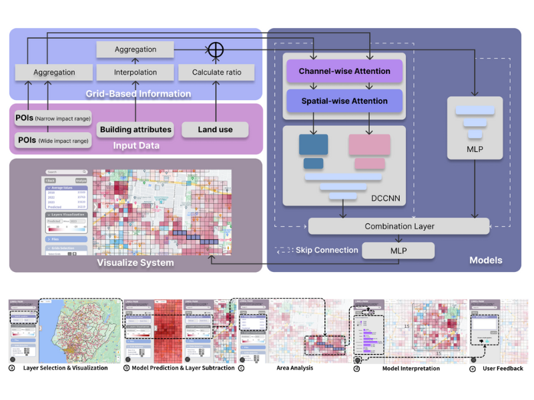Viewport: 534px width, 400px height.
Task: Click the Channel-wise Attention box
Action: click(x=343, y=71)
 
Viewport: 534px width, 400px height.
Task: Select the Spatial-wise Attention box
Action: click(x=343, y=101)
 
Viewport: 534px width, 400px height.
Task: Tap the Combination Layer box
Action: click(x=399, y=227)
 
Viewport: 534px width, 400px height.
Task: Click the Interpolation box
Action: click(x=136, y=72)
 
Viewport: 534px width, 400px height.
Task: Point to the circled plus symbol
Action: click(x=215, y=49)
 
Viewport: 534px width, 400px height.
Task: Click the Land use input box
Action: click(x=215, y=129)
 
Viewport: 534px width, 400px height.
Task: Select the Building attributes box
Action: click(x=136, y=129)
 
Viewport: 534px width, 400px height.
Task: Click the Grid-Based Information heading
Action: click(x=138, y=94)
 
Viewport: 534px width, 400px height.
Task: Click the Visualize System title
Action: click(x=136, y=263)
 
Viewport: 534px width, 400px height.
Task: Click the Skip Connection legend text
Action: click(x=327, y=250)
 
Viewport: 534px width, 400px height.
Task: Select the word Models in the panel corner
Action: click(x=486, y=260)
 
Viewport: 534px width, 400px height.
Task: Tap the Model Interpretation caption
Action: click(x=411, y=368)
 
